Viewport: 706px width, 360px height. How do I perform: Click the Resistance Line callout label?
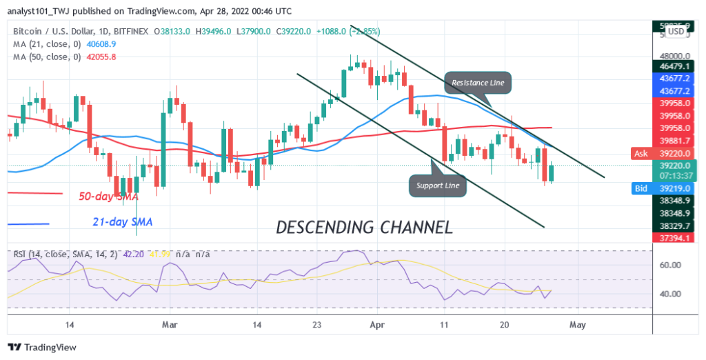click(x=478, y=83)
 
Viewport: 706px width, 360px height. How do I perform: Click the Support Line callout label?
click(x=437, y=185)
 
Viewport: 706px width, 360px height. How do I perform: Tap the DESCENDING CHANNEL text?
click(x=364, y=227)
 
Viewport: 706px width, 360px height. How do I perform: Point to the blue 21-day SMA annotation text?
click(x=123, y=222)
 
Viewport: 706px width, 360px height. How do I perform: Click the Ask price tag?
click(x=641, y=154)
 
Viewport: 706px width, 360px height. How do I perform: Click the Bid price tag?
click(x=641, y=188)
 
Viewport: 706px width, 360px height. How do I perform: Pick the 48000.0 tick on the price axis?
click(x=674, y=57)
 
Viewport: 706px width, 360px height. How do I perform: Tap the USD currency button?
click(x=676, y=31)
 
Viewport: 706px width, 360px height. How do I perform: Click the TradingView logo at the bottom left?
click(x=42, y=348)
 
